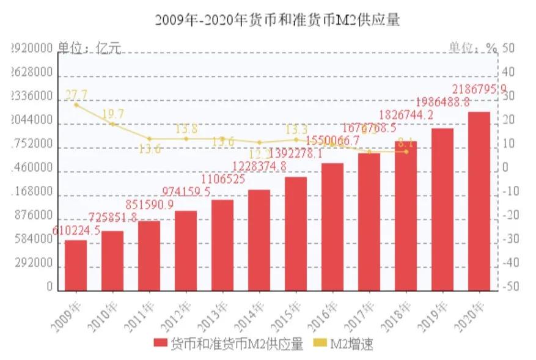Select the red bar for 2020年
click(479, 201)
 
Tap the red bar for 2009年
click(76, 265)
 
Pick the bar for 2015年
click(296, 233)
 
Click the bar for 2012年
click(186, 251)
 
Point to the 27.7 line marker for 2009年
click(76, 105)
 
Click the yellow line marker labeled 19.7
click(112, 124)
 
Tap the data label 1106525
click(222, 179)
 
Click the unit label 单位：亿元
click(89, 48)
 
